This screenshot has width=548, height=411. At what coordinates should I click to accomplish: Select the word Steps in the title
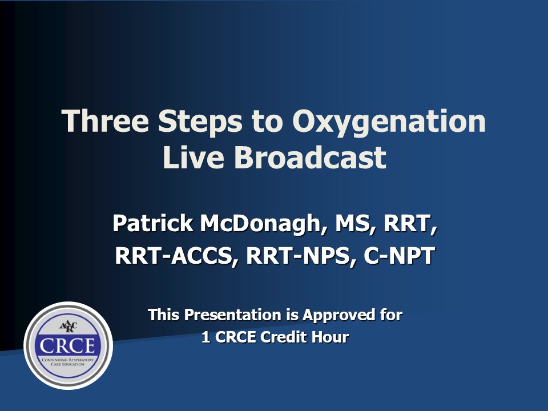click(x=200, y=122)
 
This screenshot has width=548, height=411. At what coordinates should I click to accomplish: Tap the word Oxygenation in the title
click(x=389, y=122)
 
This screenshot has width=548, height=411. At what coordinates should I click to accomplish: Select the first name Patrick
click(x=153, y=223)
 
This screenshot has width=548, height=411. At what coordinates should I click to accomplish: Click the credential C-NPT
click(x=399, y=256)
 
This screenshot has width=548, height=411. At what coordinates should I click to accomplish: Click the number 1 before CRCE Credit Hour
click(x=206, y=337)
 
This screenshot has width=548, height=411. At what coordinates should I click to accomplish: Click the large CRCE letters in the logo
click(x=67, y=346)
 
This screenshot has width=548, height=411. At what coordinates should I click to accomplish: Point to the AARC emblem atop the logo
click(x=68, y=327)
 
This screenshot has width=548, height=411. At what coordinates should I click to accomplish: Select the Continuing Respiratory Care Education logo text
click(x=68, y=362)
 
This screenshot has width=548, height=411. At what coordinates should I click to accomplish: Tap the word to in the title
click(x=267, y=122)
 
